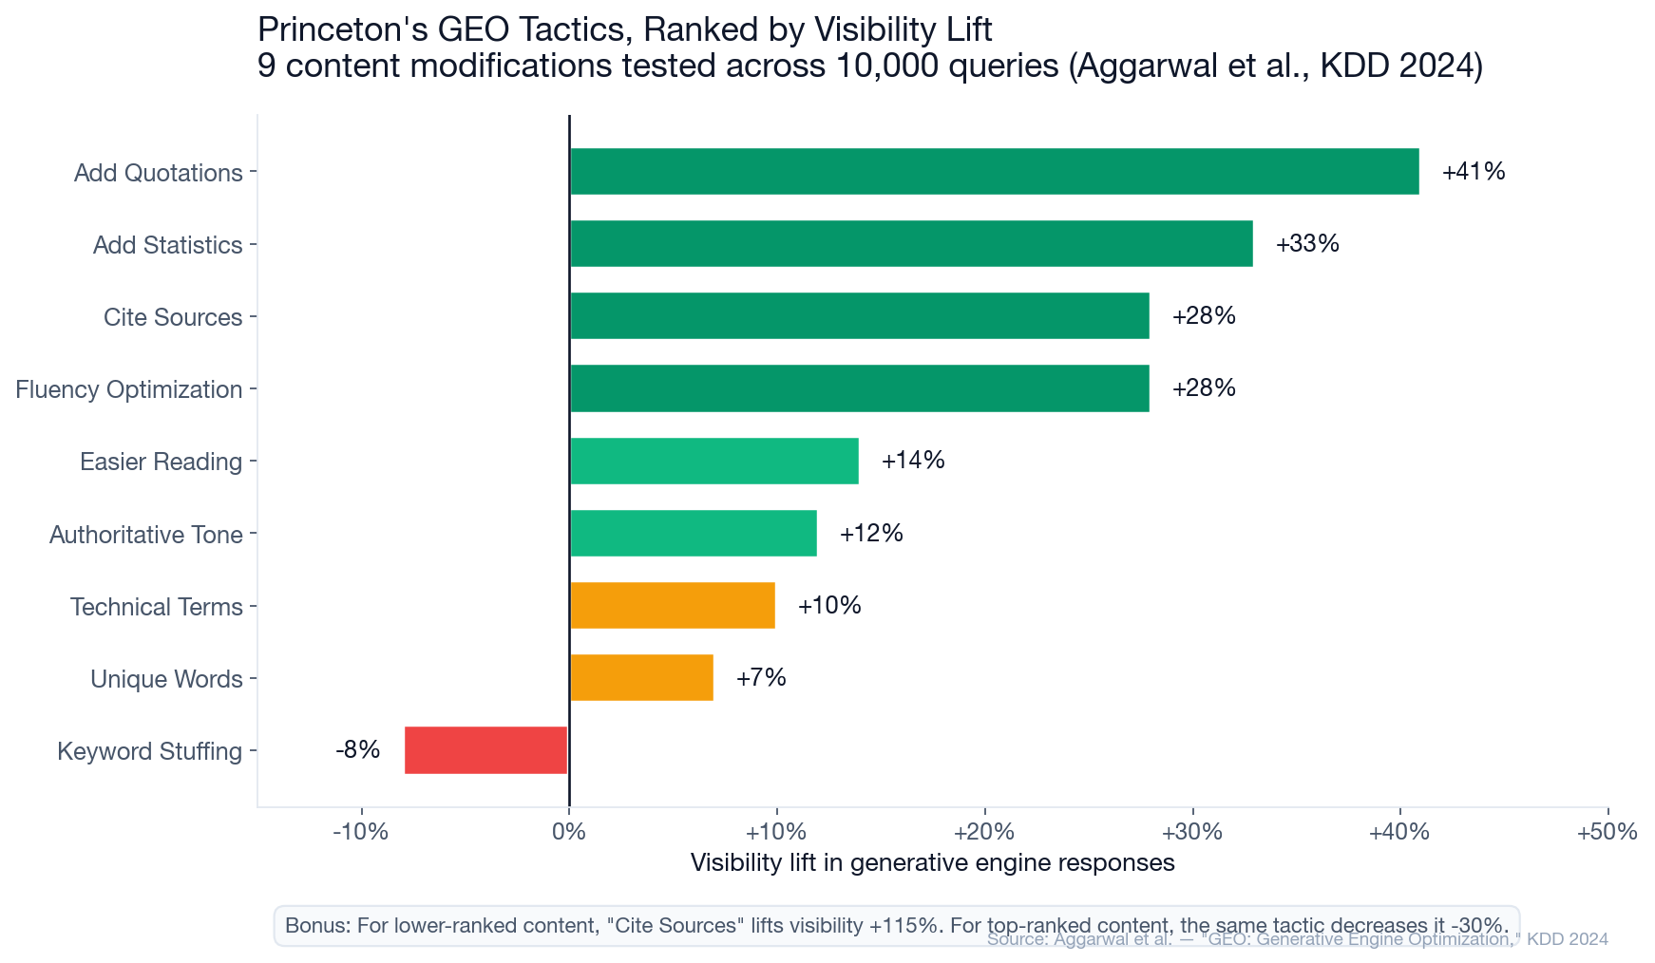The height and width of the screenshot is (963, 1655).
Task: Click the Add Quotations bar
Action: [x=994, y=172]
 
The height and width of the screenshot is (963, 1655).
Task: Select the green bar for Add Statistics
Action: [x=910, y=244]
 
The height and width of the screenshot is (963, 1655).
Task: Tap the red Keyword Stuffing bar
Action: [x=485, y=750]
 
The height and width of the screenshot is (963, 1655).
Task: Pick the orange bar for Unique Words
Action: [x=641, y=678]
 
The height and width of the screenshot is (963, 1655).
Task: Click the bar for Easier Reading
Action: [x=713, y=462]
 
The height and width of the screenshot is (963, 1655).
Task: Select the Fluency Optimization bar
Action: [x=859, y=388]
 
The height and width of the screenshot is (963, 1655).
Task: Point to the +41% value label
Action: [x=1473, y=172]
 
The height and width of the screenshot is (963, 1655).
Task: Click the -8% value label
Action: [x=357, y=750]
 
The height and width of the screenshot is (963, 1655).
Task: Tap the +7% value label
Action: [x=761, y=678]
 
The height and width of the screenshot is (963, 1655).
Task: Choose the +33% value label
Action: [x=1306, y=244]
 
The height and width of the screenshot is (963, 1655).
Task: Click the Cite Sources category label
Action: [x=173, y=317]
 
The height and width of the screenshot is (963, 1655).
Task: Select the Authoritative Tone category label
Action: [x=145, y=535]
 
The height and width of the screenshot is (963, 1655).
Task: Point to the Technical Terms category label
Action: [x=156, y=607]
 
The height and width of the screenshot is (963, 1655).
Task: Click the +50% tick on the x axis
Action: [x=1607, y=833]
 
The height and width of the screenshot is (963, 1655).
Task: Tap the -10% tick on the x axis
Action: [x=360, y=833]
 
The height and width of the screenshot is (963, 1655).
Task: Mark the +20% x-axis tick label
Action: [x=983, y=833]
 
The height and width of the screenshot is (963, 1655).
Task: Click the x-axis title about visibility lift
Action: [x=932, y=863]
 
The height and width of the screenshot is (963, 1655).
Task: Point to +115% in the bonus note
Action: [x=903, y=926]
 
